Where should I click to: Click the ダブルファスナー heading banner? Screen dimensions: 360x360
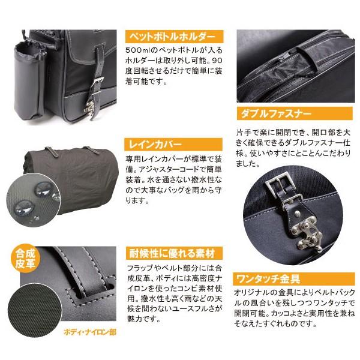coord(269,112)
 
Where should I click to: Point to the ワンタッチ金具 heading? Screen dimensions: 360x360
coord(265,278)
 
